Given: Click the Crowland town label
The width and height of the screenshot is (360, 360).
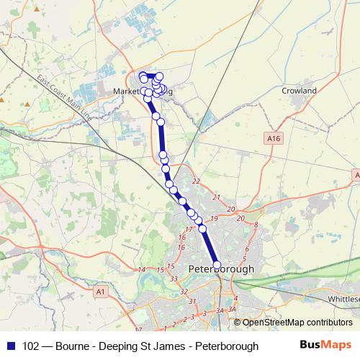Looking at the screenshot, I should pos(299,91).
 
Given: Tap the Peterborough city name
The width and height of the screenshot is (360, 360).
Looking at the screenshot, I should pos(221,269).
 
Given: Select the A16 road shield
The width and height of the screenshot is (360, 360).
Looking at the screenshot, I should pos(272,138).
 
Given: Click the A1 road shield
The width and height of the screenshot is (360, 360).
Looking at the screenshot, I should pos(99,292).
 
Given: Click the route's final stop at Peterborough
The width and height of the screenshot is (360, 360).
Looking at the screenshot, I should pos(217,265).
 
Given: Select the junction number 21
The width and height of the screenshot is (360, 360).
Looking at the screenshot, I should pos(216,196).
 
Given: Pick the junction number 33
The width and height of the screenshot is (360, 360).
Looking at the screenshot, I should pos(174,278).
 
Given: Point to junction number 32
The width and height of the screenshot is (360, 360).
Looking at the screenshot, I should pos(184,292).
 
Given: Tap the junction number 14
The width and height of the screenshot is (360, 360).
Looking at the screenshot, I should pos(141,269).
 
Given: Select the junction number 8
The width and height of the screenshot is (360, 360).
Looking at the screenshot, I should pos(256,225).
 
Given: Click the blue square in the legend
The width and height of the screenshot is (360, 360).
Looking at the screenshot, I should pos(10,346).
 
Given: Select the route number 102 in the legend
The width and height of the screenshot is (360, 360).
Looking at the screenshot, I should pos(31,346).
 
